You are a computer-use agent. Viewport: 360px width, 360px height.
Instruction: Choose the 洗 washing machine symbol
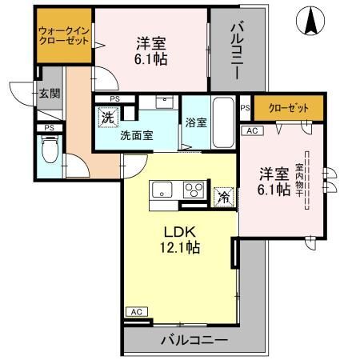(x=107, y=117)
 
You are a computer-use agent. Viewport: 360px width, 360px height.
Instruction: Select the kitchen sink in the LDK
(x=161, y=190)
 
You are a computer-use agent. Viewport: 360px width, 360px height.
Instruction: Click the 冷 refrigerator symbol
(x=224, y=194)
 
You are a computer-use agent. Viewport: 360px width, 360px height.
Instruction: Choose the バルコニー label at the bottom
(x=196, y=339)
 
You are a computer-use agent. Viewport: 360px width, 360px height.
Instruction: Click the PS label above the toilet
(x=49, y=127)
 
